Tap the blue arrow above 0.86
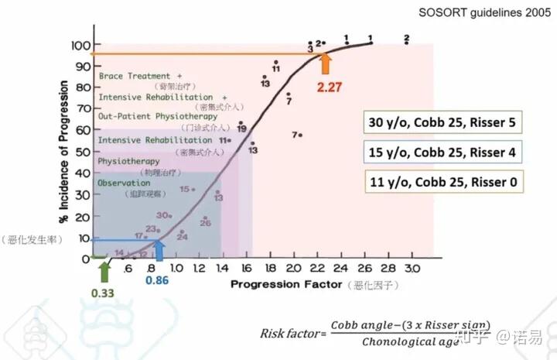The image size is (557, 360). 159,250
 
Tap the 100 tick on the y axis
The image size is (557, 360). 79,45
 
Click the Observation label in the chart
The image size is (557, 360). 125,182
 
